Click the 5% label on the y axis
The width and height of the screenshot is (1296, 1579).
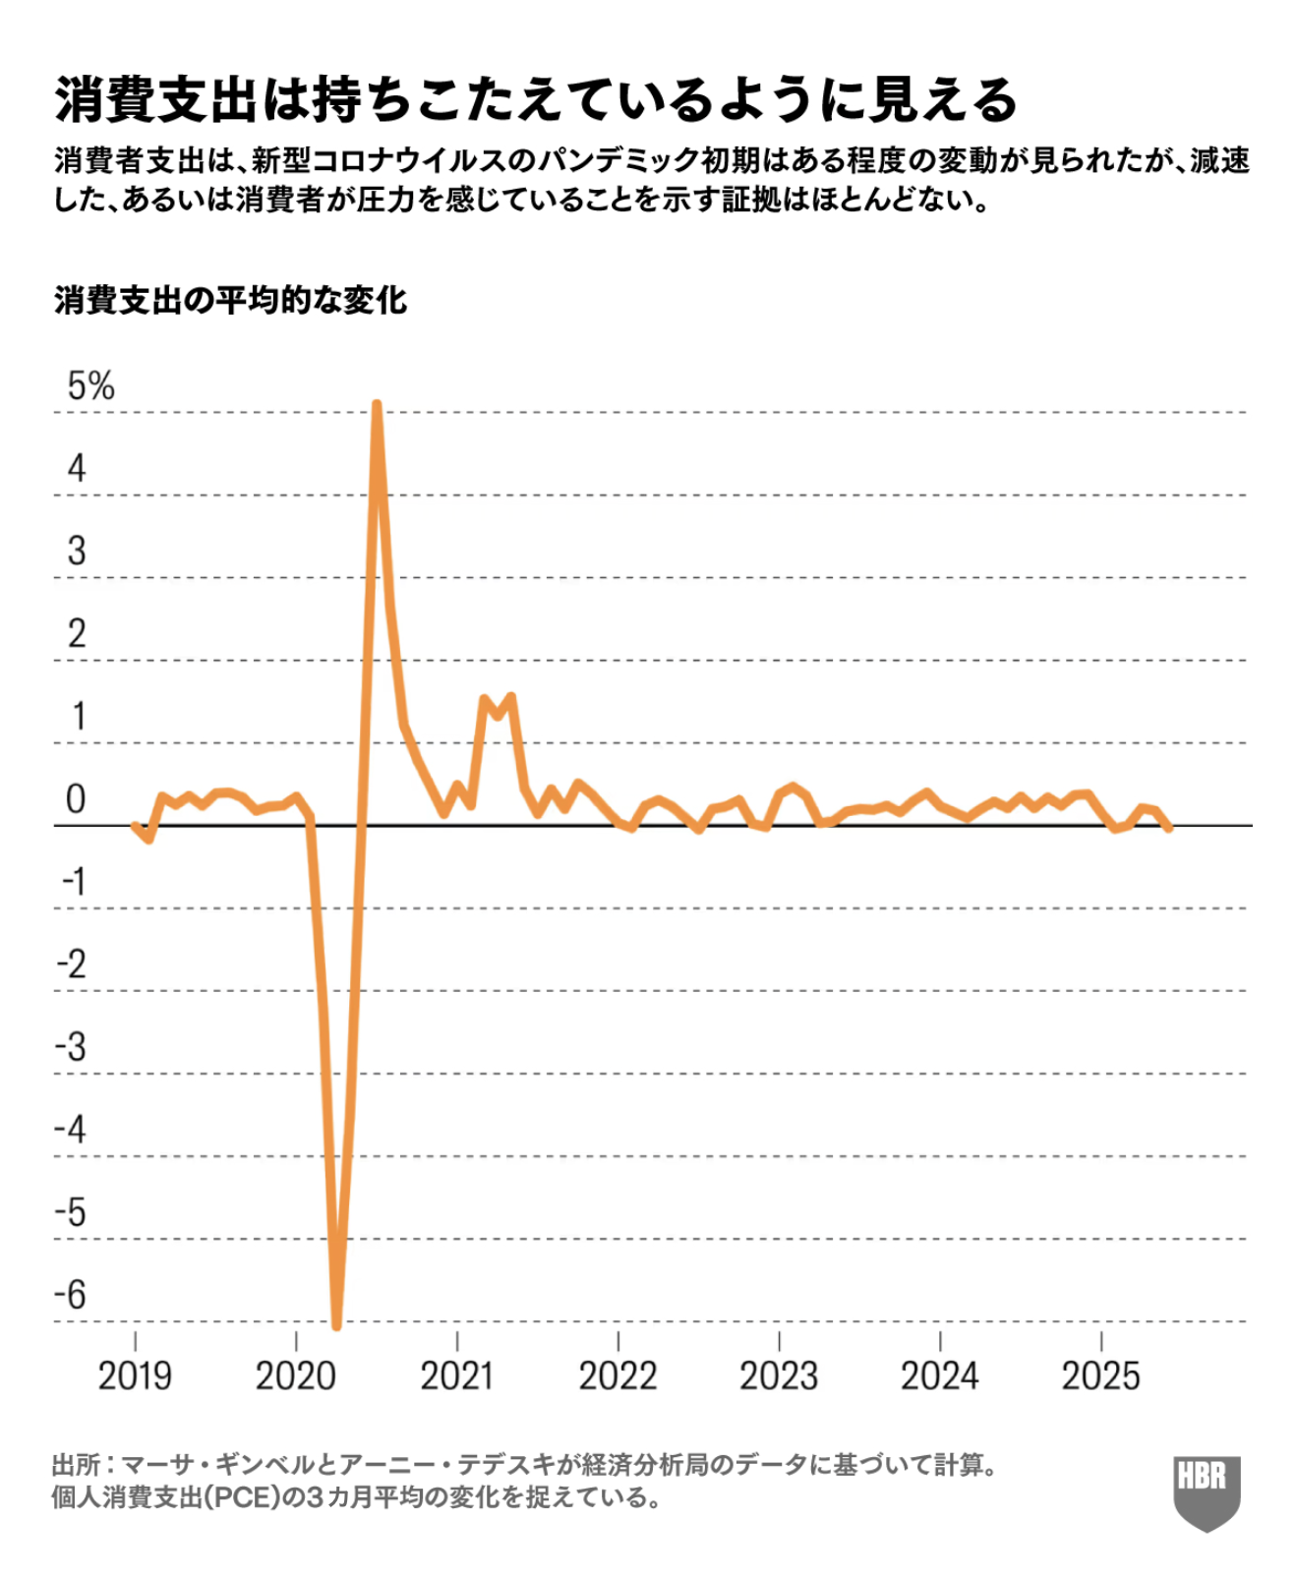(x=90, y=385)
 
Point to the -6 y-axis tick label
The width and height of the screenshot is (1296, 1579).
(x=71, y=1294)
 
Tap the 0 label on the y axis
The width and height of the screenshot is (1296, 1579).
(x=76, y=798)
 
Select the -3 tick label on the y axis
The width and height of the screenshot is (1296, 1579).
(x=71, y=1046)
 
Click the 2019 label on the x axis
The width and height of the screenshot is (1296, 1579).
(x=135, y=1374)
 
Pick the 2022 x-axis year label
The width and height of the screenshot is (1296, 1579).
(x=618, y=1374)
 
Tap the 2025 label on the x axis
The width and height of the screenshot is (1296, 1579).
(x=1100, y=1374)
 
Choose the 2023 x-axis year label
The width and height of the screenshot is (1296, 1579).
(x=779, y=1374)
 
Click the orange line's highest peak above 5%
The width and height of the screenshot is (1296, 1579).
(x=377, y=404)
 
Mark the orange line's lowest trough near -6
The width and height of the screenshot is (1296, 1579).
(x=336, y=1325)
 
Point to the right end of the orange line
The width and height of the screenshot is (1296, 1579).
(x=1168, y=829)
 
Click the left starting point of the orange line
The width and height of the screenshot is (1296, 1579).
(x=135, y=826)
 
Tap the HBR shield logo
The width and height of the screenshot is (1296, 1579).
(x=1207, y=1491)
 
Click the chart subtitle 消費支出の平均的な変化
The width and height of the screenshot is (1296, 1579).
(x=230, y=300)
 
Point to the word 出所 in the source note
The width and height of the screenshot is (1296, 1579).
(x=76, y=1465)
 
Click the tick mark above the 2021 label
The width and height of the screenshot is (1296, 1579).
(x=457, y=1340)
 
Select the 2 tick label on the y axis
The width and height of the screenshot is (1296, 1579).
(x=77, y=633)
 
